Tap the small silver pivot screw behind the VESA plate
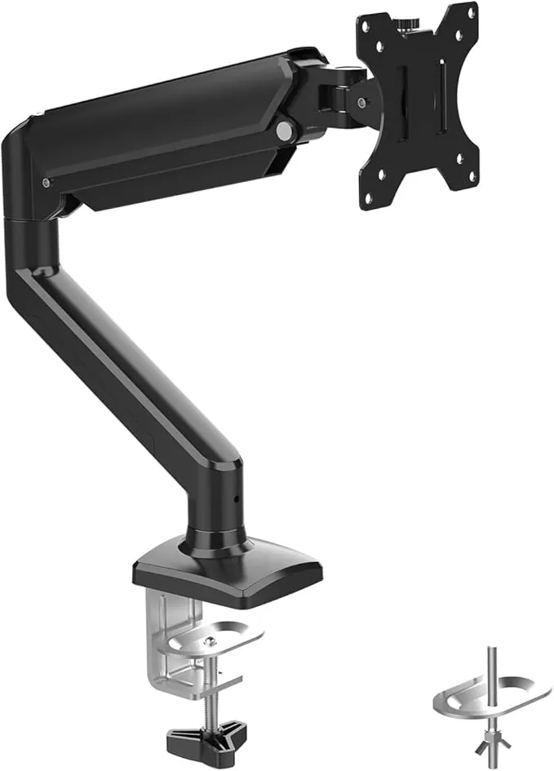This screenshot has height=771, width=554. pos(359,103)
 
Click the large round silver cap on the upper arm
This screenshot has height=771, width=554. pos(284,130)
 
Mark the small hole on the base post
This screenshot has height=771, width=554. pos(237,499)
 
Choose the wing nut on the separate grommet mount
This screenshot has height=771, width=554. pos(492,742)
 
